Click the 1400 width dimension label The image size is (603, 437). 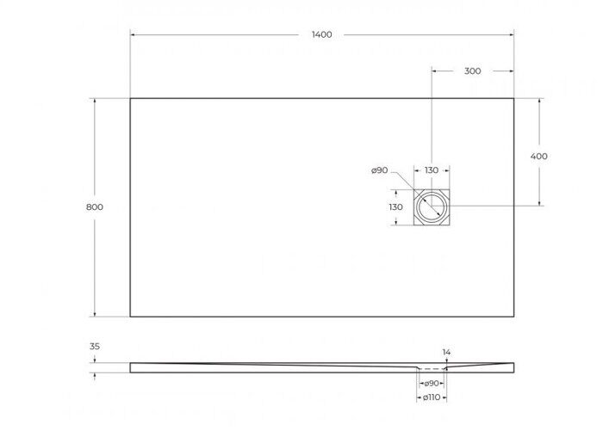(321, 34)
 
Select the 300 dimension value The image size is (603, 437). (472, 71)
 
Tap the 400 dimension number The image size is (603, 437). (539, 157)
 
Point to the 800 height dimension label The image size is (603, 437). (95, 207)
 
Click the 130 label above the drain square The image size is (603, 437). (431, 170)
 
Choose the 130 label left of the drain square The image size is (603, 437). (395, 207)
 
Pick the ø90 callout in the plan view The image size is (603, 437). (379, 170)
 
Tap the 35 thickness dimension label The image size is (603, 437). (95, 347)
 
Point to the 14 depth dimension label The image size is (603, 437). (446, 353)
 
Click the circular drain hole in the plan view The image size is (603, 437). (431, 207)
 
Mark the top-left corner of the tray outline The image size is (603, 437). (131, 98)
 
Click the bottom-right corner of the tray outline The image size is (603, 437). (514, 317)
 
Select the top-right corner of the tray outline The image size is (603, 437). (514, 98)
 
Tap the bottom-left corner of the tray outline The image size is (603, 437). (131, 317)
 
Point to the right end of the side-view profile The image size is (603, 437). (513, 367)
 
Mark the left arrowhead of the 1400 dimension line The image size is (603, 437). (134, 34)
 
